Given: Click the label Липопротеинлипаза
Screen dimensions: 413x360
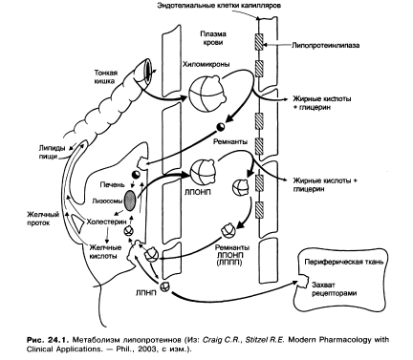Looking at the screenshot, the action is [x=325, y=45].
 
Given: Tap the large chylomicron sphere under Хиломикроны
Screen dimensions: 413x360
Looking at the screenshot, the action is [x=204, y=93].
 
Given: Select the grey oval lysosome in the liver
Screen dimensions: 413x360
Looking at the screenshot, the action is [x=130, y=201].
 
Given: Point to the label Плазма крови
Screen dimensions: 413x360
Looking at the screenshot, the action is [x=213, y=38].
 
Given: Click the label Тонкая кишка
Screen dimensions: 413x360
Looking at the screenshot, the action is [x=105, y=76].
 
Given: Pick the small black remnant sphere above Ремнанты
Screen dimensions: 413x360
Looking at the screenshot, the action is [x=220, y=127].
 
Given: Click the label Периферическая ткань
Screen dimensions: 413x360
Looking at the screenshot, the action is [x=344, y=262].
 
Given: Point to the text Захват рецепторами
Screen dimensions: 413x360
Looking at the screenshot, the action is [x=334, y=289].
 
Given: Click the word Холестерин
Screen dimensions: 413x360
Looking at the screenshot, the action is [x=106, y=222].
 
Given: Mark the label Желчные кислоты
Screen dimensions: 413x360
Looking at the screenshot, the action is [x=105, y=251].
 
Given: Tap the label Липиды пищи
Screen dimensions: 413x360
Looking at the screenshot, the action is [x=52, y=152].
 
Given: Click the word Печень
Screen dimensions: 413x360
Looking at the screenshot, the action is [x=111, y=184].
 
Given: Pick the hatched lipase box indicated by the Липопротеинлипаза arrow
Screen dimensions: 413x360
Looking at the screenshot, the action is [x=259, y=42].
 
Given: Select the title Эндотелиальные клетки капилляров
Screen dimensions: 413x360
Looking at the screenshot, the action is [x=219, y=6].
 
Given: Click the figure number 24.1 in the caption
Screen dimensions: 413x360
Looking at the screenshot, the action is [x=55, y=339].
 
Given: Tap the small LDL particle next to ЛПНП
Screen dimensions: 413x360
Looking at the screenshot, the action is [x=165, y=286].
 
